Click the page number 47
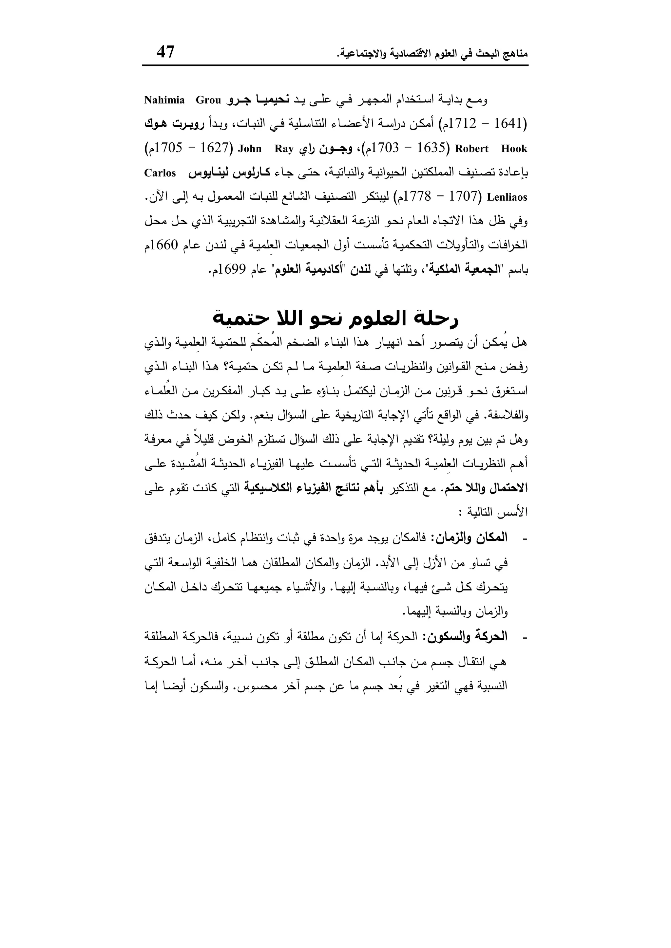point(166,52)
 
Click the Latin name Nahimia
point(164,100)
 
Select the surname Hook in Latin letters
point(514,149)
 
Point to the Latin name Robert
point(471,149)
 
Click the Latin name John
point(250,149)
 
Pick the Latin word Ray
point(283,149)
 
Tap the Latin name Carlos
point(160,173)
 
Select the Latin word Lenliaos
point(508,197)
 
